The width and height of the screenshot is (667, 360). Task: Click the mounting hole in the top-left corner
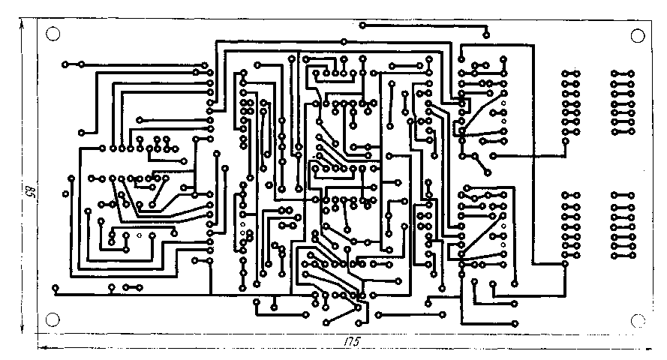point(53,34)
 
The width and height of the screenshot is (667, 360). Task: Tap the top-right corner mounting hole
point(638,35)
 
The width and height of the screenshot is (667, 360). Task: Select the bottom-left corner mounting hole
point(53,319)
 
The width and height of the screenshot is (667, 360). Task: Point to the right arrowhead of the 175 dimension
point(650,347)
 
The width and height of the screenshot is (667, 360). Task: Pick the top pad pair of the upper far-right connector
point(623,73)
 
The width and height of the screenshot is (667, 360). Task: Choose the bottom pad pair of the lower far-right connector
point(623,256)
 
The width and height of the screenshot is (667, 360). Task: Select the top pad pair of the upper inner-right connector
point(572,73)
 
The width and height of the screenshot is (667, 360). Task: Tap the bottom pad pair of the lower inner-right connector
point(572,256)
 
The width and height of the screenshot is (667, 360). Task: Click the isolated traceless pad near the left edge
point(66,195)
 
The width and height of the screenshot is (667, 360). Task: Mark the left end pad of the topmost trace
point(362,25)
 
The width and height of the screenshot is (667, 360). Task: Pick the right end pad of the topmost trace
point(486,35)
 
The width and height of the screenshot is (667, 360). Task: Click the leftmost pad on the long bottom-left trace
point(56,287)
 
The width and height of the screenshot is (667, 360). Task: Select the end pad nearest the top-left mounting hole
point(65,64)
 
